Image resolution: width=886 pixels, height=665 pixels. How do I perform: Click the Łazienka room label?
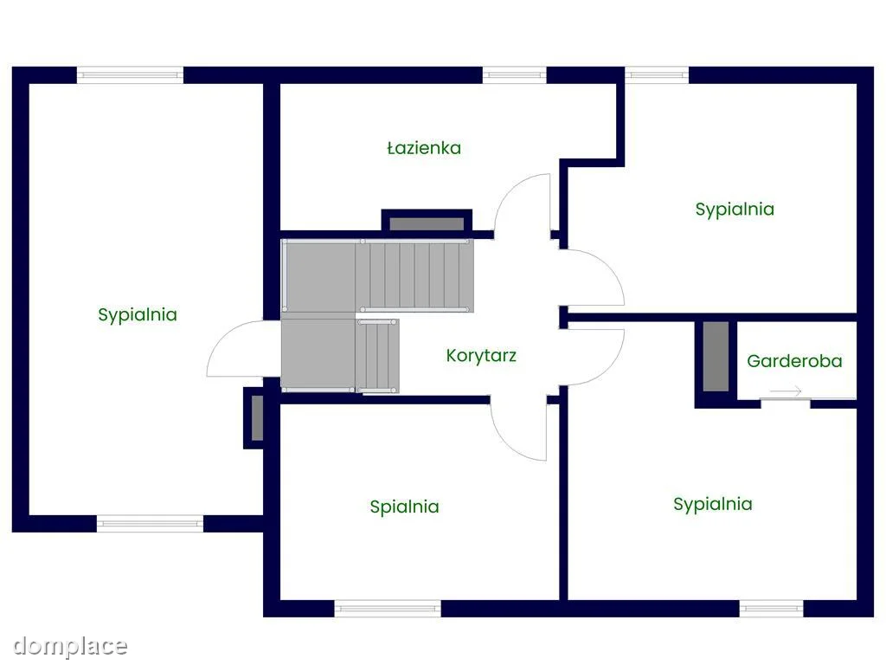[424, 148]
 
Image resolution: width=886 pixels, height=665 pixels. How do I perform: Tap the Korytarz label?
[481, 356]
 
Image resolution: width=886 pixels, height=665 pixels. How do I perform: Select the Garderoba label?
[794, 361]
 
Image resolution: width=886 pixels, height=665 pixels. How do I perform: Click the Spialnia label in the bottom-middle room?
[405, 507]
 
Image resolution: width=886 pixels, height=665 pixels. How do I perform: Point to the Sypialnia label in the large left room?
[138, 315]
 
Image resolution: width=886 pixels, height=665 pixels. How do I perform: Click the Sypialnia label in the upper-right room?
[735, 210]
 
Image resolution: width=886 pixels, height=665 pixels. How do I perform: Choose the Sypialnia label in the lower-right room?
[713, 505]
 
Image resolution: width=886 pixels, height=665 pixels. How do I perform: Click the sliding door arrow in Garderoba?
[786, 391]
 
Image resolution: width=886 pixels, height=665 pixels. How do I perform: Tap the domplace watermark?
[70, 646]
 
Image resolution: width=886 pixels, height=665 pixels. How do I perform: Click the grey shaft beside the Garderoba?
[716, 356]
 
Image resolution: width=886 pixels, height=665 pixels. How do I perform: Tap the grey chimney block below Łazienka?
[427, 224]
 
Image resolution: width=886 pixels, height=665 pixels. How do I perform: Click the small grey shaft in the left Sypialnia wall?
[257, 418]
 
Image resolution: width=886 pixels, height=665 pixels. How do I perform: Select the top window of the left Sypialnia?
[130, 75]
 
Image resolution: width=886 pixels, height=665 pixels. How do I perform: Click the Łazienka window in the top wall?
[514, 75]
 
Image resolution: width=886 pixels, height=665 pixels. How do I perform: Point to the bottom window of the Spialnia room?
[388, 609]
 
